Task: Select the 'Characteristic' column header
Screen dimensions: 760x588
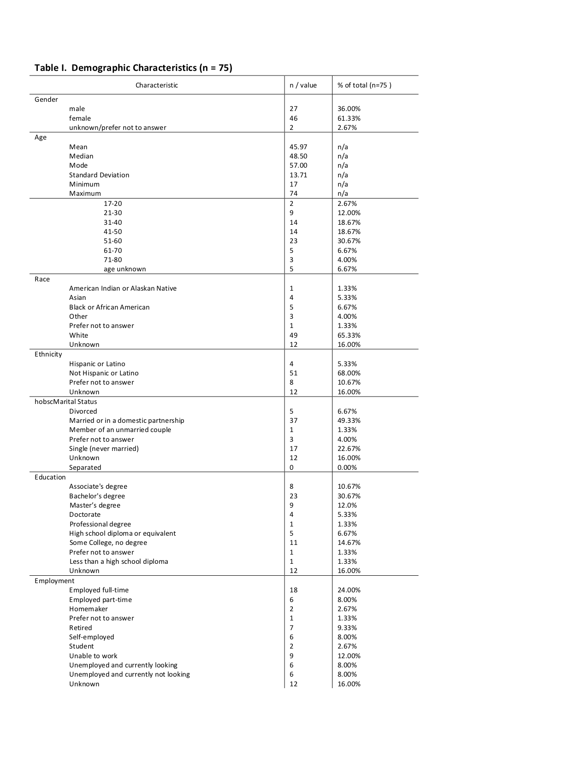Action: click(x=156, y=85)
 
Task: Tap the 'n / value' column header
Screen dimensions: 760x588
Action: click(x=303, y=85)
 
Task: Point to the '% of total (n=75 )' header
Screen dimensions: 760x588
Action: click(x=364, y=85)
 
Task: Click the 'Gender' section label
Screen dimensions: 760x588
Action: click(x=46, y=99)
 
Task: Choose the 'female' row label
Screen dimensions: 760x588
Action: click(x=80, y=118)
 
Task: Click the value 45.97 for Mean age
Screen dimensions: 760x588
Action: click(x=298, y=147)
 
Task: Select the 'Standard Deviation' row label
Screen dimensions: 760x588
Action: click(x=99, y=175)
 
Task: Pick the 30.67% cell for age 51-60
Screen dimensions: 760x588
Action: click(x=349, y=241)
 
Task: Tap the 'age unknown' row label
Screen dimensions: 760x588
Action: click(x=125, y=269)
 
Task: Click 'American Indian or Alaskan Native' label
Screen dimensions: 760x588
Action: click(x=123, y=288)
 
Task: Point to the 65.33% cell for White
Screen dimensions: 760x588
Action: click(x=349, y=335)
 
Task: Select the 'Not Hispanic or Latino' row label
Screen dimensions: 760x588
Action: click(x=104, y=373)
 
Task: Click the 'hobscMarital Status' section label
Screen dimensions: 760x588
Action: click(x=65, y=402)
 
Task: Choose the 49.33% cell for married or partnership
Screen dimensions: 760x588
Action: click(x=349, y=421)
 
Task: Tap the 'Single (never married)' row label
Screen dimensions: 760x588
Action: click(x=104, y=449)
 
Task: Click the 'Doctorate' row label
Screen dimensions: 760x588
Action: click(x=85, y=514)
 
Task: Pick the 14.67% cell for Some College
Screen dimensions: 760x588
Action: click(x=349, y=543)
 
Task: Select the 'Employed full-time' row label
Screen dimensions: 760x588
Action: click(x=99, y=590)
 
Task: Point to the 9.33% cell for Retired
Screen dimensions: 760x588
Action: click(x=347, y=628)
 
